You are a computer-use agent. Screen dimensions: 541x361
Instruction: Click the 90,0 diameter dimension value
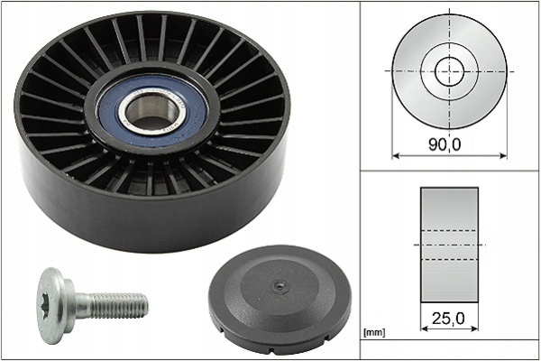[445, 144]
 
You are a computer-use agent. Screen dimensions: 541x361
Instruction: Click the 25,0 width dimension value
[448, 319]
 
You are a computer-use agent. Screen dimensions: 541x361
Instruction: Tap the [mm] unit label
[374, 333]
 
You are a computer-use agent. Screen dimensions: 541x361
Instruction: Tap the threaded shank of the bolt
[118, 306]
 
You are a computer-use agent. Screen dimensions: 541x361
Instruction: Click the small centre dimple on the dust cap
[279, 285]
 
